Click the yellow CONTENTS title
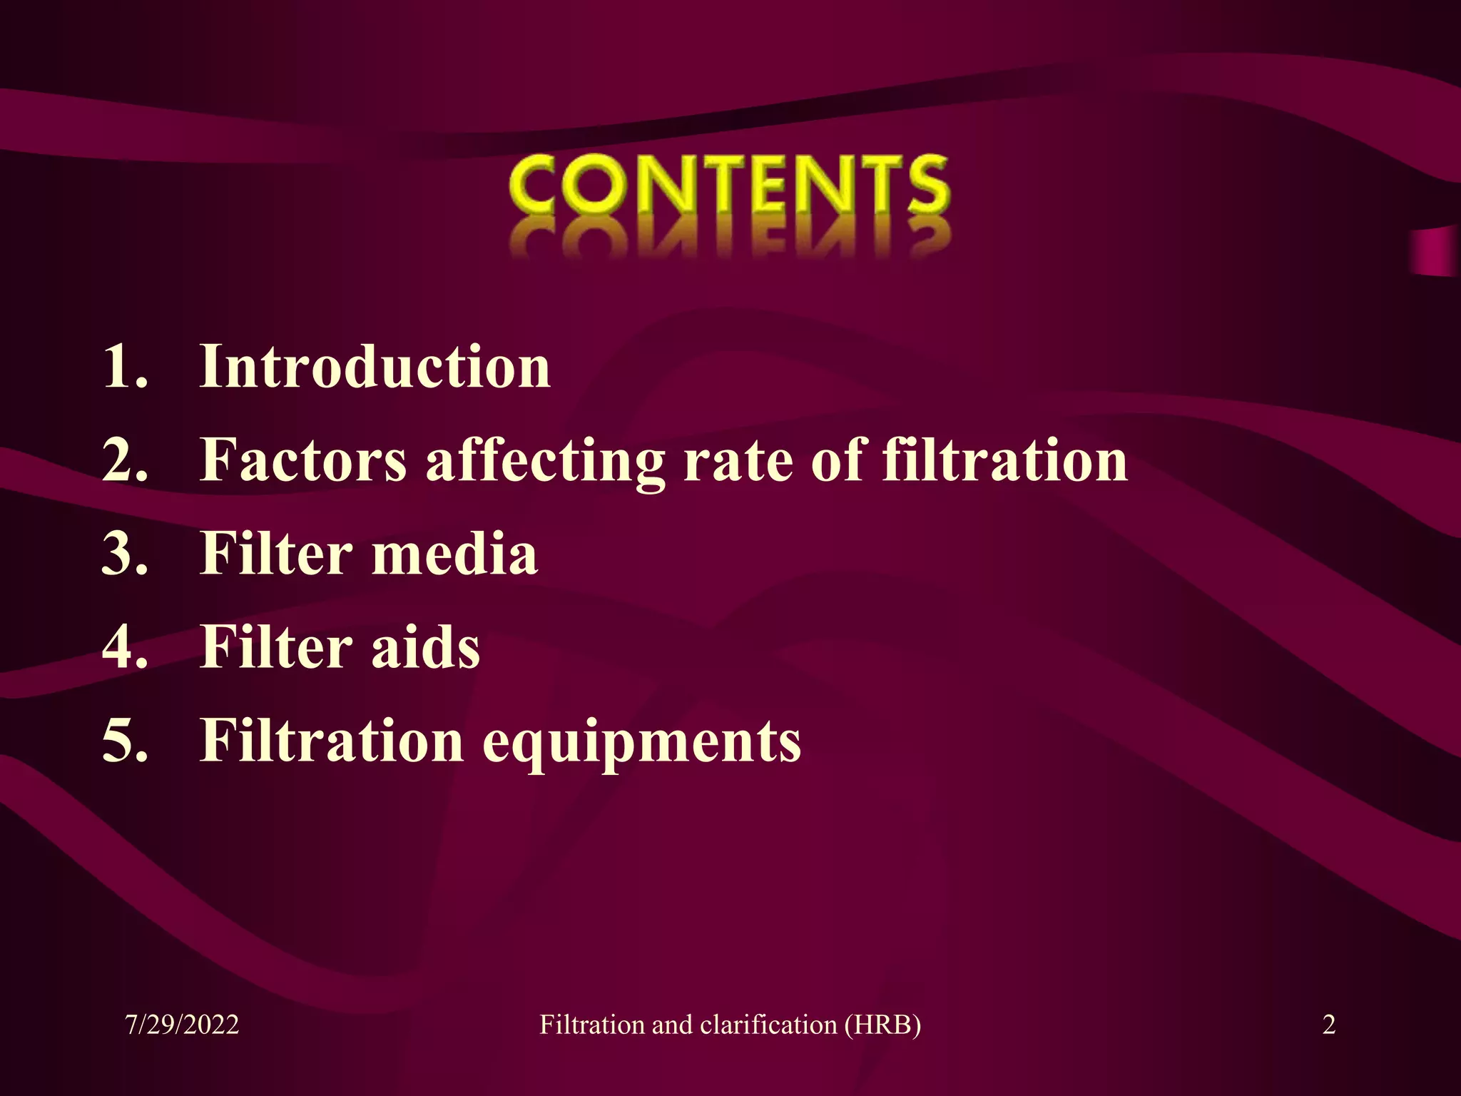coord(729,186)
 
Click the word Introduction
coord(375,367)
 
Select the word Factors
coord(303,460)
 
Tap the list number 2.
coord(125,460)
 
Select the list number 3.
coord(125,554)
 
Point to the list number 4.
coord(125,647)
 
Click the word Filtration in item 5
coord(332,741)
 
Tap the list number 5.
coord(125,741)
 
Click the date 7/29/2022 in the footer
coord(182,1025)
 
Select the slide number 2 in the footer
coord(1329,1025)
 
